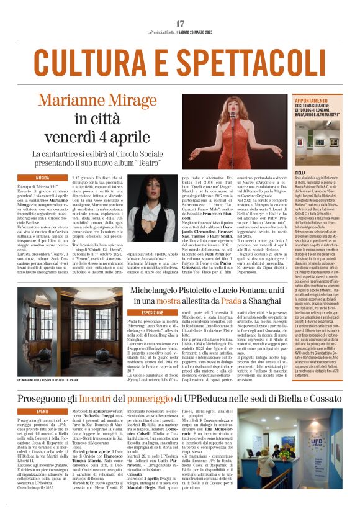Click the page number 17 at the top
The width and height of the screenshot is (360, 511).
[180, 24]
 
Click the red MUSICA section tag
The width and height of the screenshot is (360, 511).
[43, 178]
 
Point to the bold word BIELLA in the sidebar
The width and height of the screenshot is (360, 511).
[301, 173]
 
